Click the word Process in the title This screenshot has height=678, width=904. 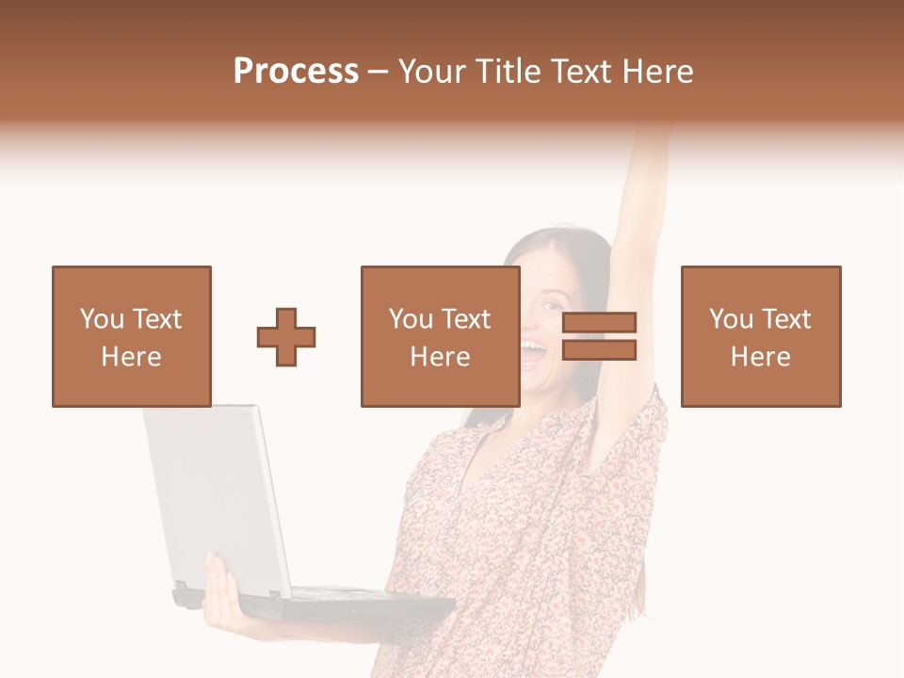[x=296, y=72]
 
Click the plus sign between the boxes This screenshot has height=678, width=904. [x=286, y=336]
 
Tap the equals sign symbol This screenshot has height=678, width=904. [x=600, y=336]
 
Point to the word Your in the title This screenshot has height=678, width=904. [x=432, y=72]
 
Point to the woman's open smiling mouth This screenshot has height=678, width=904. [x=533, y=353]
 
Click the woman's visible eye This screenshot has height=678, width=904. [x=547, y=305]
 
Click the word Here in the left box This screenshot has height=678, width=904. [x=132, y=357]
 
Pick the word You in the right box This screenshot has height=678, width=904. [x=731, y=319]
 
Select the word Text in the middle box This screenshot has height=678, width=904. [x=466, y=319]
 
